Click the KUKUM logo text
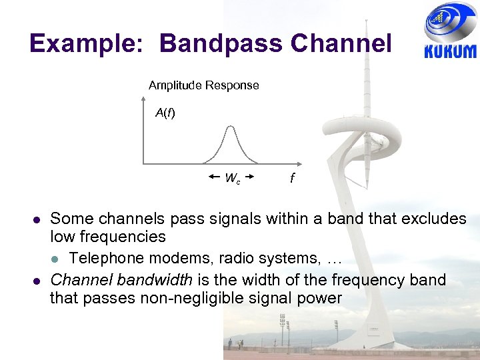[x=450, y=51]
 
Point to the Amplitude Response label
[x=203, y=85]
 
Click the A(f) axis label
[x=165, y=113]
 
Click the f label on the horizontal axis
[x=292, y=179]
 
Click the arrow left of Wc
[x=214, y=177]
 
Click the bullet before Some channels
[x=37, y=219]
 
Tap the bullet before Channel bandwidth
[x=37, y=280]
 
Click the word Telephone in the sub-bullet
[x=104, y=258]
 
